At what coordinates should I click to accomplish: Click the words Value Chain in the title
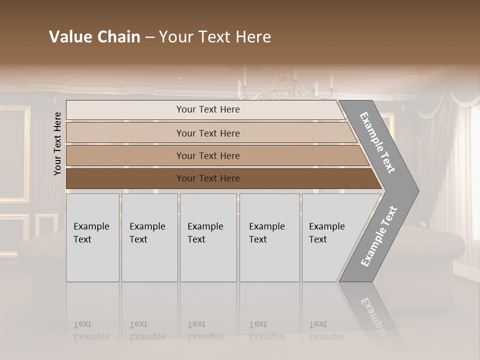94,37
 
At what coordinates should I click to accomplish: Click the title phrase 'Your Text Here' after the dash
215,37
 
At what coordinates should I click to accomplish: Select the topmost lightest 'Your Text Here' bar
208,109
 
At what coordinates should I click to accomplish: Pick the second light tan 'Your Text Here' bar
208,133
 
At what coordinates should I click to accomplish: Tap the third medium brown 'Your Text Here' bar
208,155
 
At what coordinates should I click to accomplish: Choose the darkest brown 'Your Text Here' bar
208,178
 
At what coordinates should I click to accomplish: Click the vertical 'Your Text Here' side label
57,143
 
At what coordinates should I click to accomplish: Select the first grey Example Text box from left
92,237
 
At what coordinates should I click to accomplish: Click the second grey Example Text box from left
149,237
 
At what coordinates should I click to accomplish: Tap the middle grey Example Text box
208,237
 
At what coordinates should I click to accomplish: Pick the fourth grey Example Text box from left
269,237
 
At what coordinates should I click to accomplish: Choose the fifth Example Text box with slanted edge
330,237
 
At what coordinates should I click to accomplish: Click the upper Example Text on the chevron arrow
377,142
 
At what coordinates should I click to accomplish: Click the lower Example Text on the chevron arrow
379,236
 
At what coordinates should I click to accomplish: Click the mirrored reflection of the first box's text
91,330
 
